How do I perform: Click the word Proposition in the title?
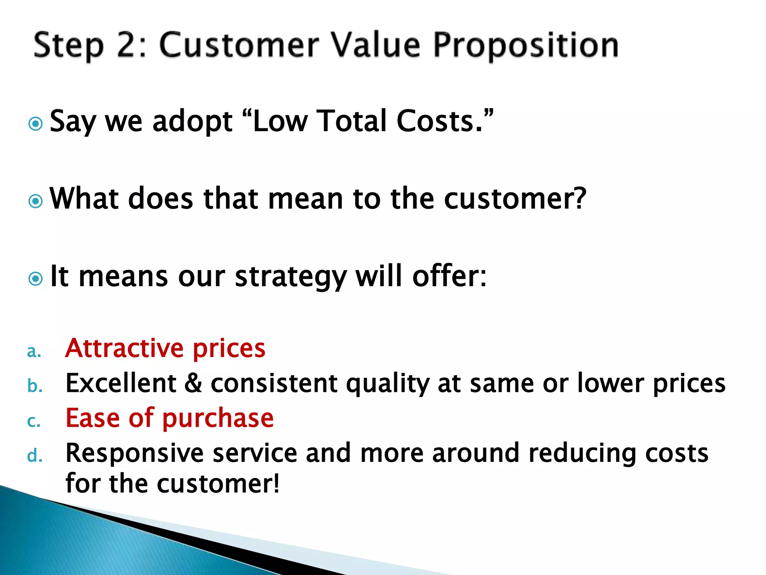click(526, 46)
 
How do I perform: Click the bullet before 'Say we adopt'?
click(36, 124)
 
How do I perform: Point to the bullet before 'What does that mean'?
click(36, 201)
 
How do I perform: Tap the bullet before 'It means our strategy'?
click(36, 279)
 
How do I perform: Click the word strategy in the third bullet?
click(291, 277)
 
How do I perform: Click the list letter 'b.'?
click(35, 386)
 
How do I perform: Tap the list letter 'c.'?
click(34, 422)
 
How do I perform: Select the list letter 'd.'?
click(35, 456)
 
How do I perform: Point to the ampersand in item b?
click(193, 383)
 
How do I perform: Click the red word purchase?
click(218, 419)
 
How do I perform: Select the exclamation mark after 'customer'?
click(276, 483)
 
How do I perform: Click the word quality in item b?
click(387, 384)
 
